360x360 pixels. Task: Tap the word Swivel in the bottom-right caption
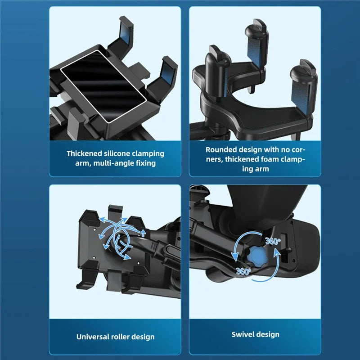click(x=243, y=334)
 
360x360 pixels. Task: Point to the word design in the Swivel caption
click(x=268, y=334)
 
